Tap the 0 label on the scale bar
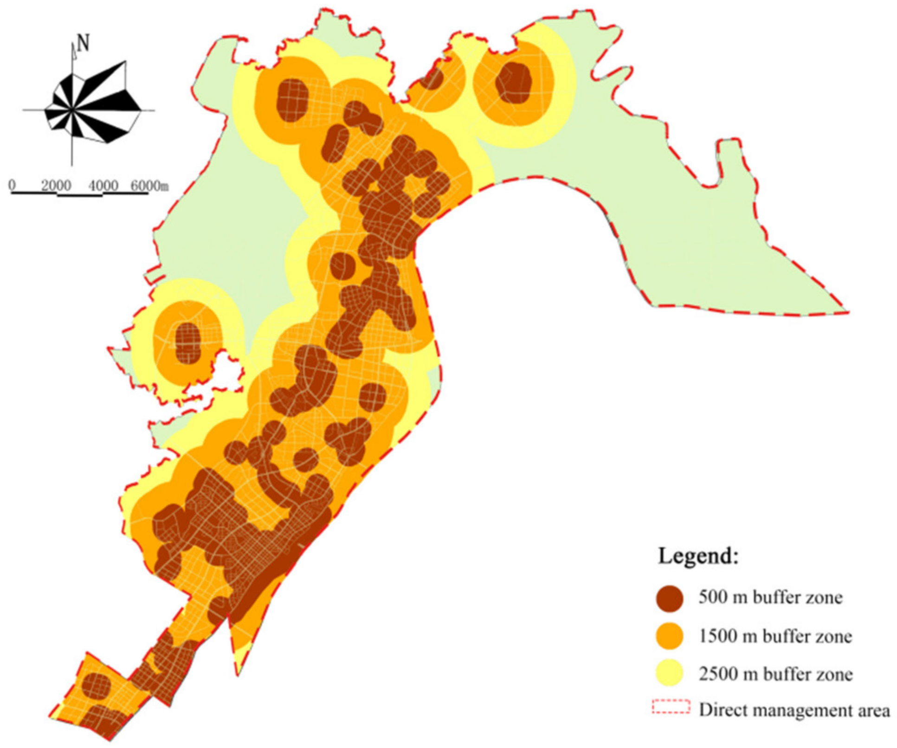click(12, 185)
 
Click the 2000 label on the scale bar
click(56, 186)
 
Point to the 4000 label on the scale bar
click(103, 186)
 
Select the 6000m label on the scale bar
click(149, 186)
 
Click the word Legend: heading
click(697, 555)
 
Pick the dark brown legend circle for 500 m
click(670, 598)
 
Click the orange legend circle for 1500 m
click(670, 636)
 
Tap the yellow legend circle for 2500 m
click(670, 673)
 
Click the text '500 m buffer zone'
click(770, 597)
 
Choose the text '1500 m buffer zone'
click(775, 636)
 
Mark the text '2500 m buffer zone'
click(775, 674)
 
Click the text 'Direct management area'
click(794, 710)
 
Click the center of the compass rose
click(72, 110)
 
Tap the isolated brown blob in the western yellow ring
click(188, 343)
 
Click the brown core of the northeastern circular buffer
click(513, 83)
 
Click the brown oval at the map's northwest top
click(292, 100)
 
